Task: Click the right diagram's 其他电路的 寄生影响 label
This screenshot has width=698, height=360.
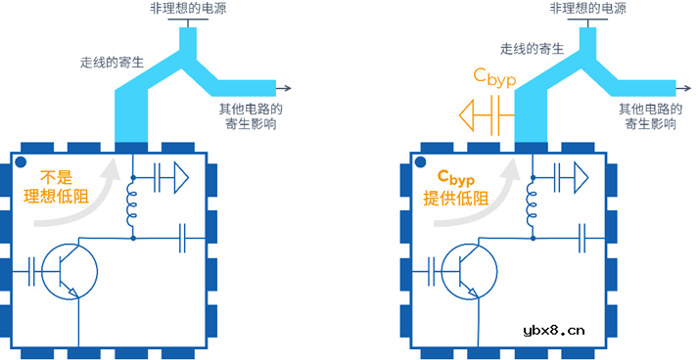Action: tap(650, 116)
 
